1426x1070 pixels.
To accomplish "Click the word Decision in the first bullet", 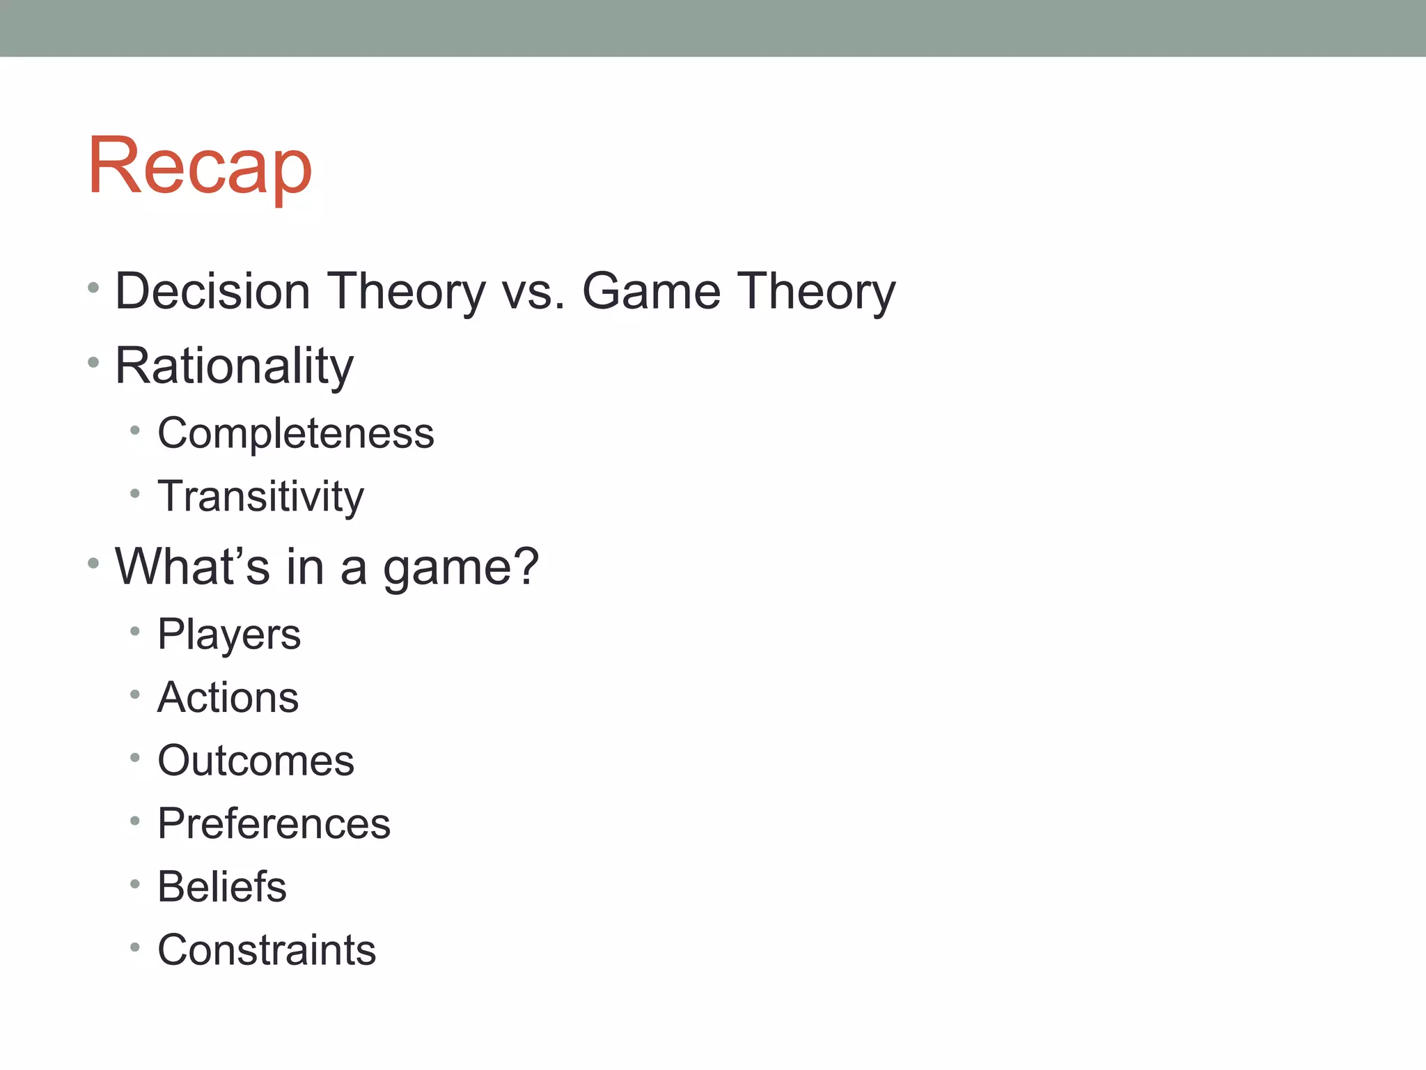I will pos(212,291).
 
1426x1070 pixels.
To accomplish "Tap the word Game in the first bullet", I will pos(651,291).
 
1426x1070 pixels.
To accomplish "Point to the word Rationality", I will pos(234,366).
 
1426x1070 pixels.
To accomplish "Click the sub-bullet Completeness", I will pos(295,433).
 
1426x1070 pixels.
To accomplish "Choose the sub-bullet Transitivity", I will pos(260,497).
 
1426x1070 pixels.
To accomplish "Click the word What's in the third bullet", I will pos(192,566).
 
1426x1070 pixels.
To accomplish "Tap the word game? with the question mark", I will pos(461,568).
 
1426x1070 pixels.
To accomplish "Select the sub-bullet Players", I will pos(229,635).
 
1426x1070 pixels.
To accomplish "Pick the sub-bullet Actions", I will pos(228,697).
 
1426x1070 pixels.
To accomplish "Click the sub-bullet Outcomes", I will pos(256,761).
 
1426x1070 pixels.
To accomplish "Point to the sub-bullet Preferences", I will pos(274,824).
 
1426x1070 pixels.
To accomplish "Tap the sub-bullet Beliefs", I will pos(221,887).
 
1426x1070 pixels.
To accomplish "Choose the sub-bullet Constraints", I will pos(266,950).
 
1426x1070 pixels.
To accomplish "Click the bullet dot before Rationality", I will pos(94,362).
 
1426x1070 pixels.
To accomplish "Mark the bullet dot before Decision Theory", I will pos(94,287).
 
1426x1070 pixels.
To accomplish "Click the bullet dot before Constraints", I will pos(135,947).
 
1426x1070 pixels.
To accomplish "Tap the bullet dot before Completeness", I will pos(135,431).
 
